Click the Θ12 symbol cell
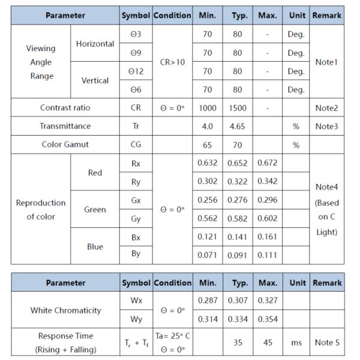coord(136,71)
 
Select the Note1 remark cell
coord(326,62)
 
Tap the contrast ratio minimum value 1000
coord(207,108)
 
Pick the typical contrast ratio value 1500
coord(238,108)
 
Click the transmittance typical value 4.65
coord(238,127)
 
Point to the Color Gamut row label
coord(65,145)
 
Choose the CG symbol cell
coord(136,145)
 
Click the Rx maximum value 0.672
coord(267,163)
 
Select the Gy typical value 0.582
coord(238,219)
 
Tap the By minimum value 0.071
coord(207,256)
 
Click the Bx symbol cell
coord(136,238)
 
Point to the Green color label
coord(95,209)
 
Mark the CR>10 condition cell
coord(172,62)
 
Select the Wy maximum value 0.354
coord(267,319)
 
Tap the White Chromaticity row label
coord(65,310)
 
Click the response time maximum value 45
coord(267,343)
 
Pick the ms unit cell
coord(296,343)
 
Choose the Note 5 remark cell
coord(326,343)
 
